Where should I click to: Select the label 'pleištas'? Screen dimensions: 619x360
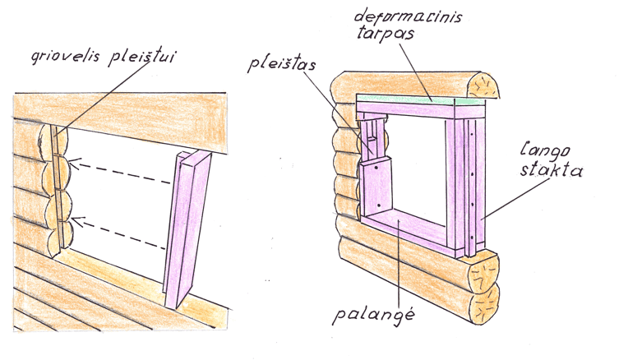282,64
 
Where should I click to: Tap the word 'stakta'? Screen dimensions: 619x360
551,170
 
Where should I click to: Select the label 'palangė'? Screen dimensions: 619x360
373,316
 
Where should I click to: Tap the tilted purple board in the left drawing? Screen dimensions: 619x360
187,229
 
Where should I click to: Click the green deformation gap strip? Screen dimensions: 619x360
419,99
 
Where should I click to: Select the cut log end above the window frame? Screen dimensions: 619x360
483,85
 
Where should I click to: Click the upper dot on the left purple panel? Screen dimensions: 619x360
377,168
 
